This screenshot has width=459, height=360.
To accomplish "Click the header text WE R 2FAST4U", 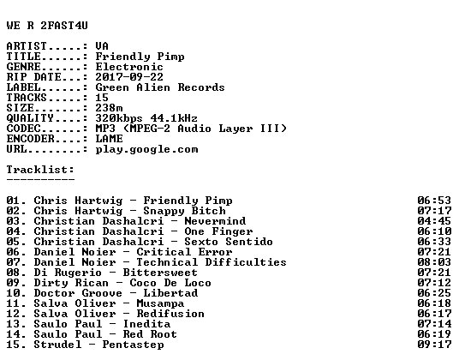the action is point(47,26).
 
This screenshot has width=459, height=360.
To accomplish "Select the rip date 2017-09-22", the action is point(129,77).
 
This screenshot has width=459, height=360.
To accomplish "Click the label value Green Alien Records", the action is point(160,87).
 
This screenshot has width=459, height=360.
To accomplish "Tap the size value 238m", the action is point(109,108).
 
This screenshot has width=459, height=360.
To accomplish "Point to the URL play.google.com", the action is point(146,149).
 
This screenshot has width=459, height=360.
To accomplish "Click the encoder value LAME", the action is point(109,139).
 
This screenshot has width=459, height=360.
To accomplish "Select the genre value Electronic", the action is point(129,67).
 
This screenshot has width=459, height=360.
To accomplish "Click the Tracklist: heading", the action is point(40,170).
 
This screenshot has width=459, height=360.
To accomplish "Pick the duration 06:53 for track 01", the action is point(434,201).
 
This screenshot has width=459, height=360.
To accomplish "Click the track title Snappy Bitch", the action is point(184,211).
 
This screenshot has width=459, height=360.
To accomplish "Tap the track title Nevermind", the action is point(215,221).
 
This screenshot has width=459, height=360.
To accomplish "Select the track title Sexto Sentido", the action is point(229,242).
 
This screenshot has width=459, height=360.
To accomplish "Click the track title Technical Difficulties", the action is point(212,262).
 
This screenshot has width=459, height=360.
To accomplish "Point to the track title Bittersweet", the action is point(160,273).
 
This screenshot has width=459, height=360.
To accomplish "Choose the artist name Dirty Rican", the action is point(71,283).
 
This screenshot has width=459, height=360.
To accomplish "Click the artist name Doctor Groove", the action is point(78,293).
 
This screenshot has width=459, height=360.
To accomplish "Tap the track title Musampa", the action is point(160,303).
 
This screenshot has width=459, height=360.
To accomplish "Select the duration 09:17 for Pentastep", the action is point(434,345).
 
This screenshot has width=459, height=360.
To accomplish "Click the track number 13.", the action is point(13,324).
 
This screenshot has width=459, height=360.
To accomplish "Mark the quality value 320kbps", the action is point(119,118).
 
